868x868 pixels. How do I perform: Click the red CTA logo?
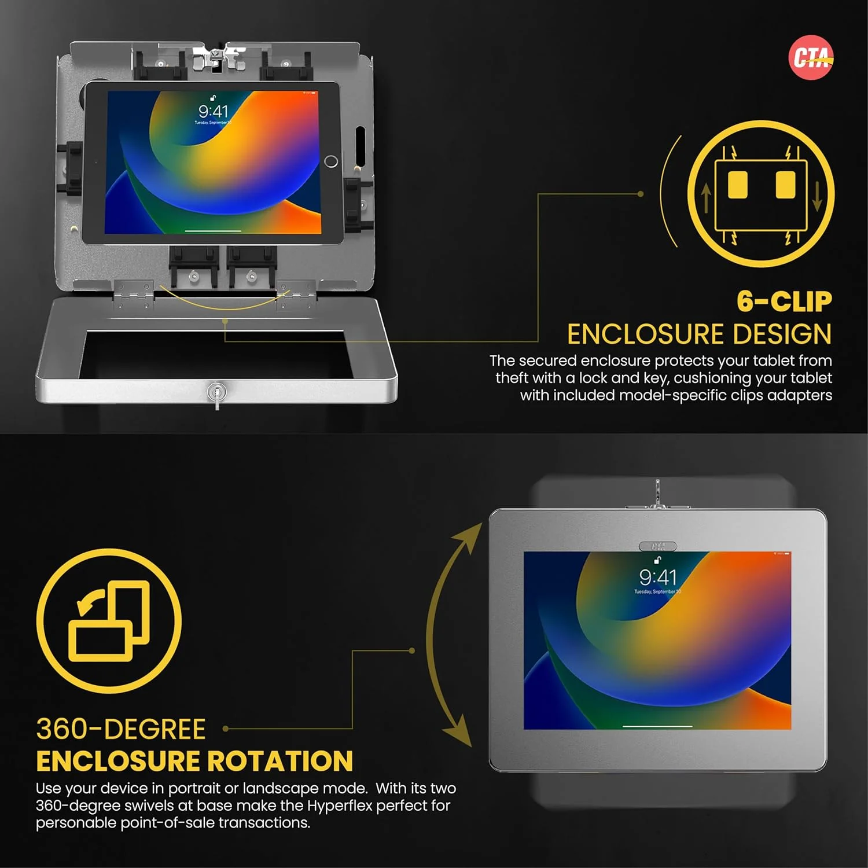pyautogui.click(x=811, y=57)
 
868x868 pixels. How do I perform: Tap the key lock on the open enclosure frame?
pyautogui.click(x=216, y=393)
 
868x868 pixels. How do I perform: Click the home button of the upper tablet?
pyautogui.click(x=331, y=161)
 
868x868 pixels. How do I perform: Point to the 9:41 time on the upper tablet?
pyautogui.click(x=213, y=111)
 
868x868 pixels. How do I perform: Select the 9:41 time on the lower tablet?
pyautogui.click(x=657, y=577)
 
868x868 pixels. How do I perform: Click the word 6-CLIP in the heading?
pyautogui.click(x=784, y=301)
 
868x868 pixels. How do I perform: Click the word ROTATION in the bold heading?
pyautogui.click(x=280, y=761)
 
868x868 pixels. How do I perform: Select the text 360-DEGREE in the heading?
pyautogui.click(x=121, y=729)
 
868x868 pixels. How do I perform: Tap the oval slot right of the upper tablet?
pyautogui.click(x=359, y=145)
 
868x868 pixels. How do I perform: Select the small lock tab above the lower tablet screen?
pyautogui.click(x=658, y=546)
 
